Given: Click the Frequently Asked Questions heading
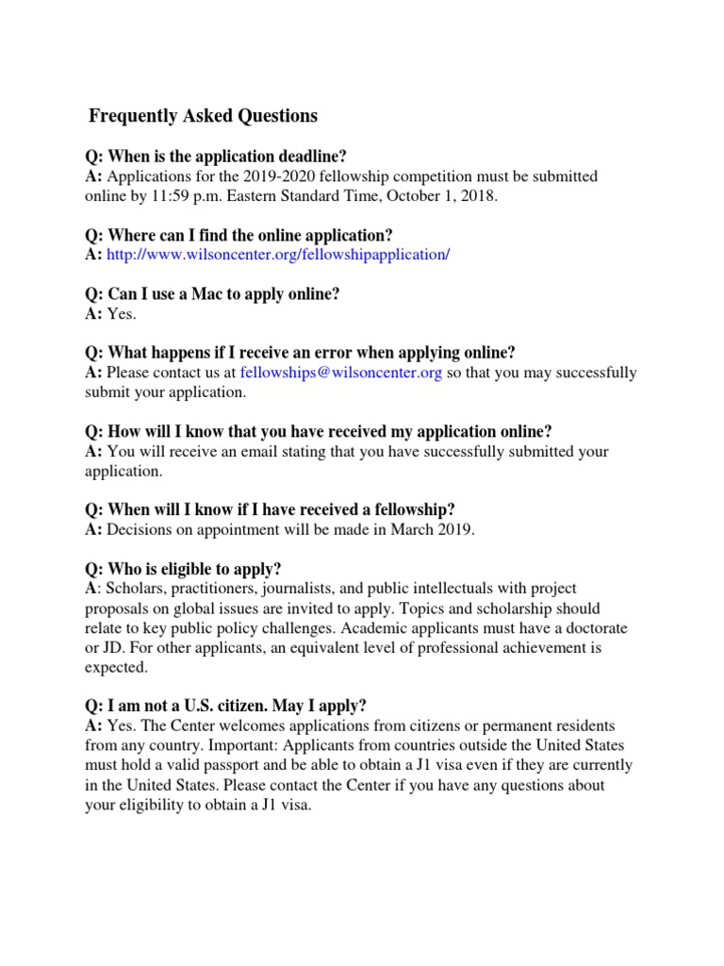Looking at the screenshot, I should pyautogui.click(x=203, y=116).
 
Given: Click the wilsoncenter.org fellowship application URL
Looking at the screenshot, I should pyautogui.click(x=279, y=255).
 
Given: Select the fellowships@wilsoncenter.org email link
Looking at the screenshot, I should pyautogui.click(x=341, y=373).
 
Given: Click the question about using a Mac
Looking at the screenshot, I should pyautogui.click(x=212, y=293).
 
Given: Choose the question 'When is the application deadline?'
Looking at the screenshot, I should pyautogui.click(x=222, y=156).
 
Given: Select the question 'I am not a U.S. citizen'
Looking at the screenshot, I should pyautogui.click(x=226, y=706).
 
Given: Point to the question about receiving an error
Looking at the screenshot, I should pyautogui.click(x=301, y=353).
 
